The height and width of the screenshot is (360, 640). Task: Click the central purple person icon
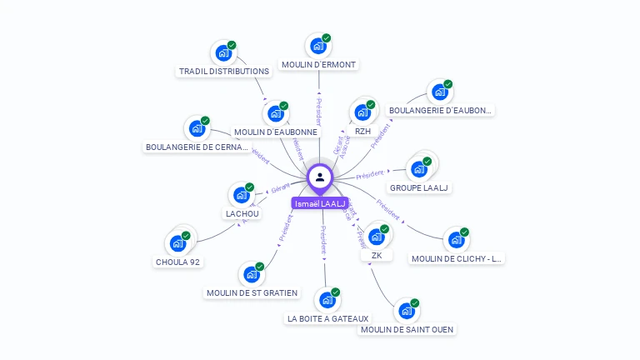[x=320, y=177]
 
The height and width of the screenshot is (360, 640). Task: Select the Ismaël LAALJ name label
[x=320, y=203]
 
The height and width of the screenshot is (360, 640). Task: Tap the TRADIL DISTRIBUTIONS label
[x=224, y=72]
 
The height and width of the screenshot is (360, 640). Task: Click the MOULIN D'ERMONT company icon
[x=317, y=47]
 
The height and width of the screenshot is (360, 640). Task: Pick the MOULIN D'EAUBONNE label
[x=276, y=132]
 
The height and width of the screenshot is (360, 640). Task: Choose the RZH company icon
[x=362, y=112]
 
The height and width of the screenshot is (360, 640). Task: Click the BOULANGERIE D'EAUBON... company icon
[x=439, y=92]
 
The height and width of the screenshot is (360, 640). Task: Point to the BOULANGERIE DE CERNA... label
[x=197, y=147]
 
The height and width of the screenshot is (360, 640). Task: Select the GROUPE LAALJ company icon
[x=418, y=169]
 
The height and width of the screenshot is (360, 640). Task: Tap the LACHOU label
[x=242, y=214]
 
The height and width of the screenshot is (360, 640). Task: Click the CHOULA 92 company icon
[x=177, y=243]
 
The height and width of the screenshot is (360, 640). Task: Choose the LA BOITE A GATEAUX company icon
[x=327, y=300]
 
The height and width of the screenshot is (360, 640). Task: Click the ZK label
[x=377, y=255]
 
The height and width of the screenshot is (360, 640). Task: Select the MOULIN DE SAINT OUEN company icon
[x=406, y=311]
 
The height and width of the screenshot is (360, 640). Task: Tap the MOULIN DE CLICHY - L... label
[x=457, y=258]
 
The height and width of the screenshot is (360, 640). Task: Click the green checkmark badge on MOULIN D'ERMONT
[x=327, y=38]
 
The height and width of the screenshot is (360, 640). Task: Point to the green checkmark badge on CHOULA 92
[x=186, y=236]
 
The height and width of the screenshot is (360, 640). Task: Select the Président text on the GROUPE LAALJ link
[x=369, y=175]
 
